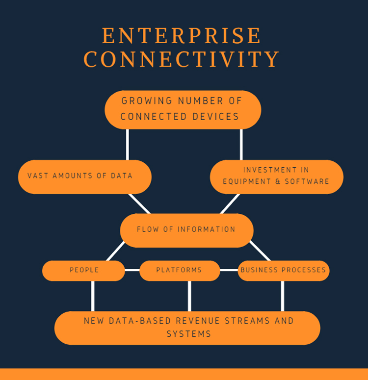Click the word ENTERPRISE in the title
tap(182, 36)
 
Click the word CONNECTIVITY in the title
tap(182, 59)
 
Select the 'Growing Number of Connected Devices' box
tap(183, 109)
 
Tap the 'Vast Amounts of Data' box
tap(84, 176)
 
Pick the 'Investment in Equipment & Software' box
tap(276, 176)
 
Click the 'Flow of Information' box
tap(186, 229)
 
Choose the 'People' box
tap(83, 270)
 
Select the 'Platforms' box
tap(179, 270)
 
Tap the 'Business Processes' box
tap(283, 270)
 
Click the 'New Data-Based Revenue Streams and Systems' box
tap(187, 328)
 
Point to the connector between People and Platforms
tap(132, 270)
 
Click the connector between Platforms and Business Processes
tap(229, 270)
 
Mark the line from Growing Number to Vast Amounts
tap(128, 144)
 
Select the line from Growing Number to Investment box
tap(241, 144)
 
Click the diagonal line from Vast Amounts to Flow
tap(139, 203)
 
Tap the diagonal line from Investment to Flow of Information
tap(230, 203)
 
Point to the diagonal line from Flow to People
tap(116, 251)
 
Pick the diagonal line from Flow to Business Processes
tap(260, 251)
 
